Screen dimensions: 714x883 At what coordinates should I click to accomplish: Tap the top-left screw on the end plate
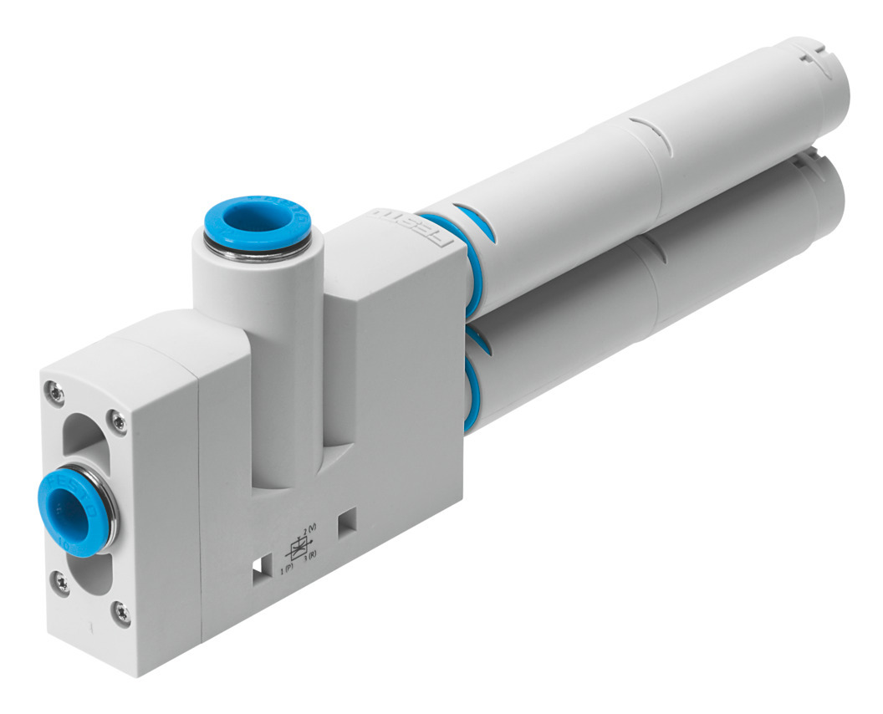(x=55, y=389)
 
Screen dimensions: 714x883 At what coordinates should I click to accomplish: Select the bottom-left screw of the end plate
(x=61, y=582)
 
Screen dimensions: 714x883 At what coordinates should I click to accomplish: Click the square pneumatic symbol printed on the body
(x=298, y=548)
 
